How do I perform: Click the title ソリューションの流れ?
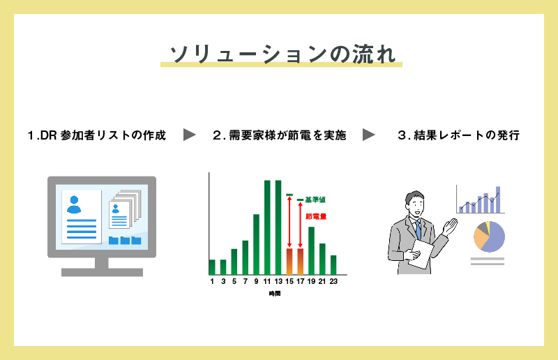(x=282, y=54)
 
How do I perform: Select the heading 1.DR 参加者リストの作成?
(x=97, y=135)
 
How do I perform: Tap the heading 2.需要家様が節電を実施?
(x=280, y=135)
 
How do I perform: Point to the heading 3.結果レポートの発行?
(x=459, y=135)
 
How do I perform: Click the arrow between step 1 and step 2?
(x=189, y=135)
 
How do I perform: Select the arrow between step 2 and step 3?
(x=369, y=135)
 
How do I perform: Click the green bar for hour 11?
(x=267, y=227)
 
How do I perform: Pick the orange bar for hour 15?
(x=289, y=262)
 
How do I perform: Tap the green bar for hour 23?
(x=333, y=265)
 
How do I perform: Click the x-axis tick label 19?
(x=311, y=281)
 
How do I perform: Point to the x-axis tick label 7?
(x=246, y=281)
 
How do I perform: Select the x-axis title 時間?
(x=275, y=294)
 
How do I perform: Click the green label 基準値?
(x=315, y=200)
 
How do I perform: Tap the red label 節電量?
(x=316, y=216)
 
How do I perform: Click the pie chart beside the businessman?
(x=490, y=237)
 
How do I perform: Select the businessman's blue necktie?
(x=418, y=230)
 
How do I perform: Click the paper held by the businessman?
(x=421, y=253)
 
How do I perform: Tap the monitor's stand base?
(x=102, y=272)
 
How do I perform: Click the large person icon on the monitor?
(x=74, y=204)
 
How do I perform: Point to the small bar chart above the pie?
(x=481, y=200)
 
